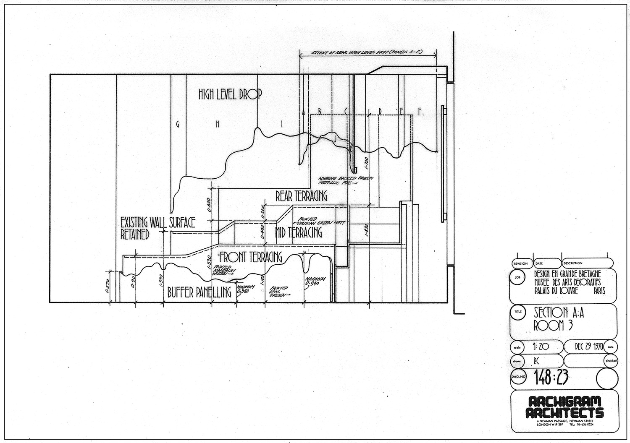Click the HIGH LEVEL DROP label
pos(230,95)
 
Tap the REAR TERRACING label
pos(301,196)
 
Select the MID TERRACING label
pos(298,232)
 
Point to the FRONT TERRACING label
pos(250,257)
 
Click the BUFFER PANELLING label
pos(199,292)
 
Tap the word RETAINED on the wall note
pos(135,234)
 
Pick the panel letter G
pos(178,124)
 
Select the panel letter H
pos(218,124)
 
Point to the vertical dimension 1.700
pos(367,162)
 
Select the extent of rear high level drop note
pos(367,52)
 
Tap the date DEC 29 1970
pos(588,347)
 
